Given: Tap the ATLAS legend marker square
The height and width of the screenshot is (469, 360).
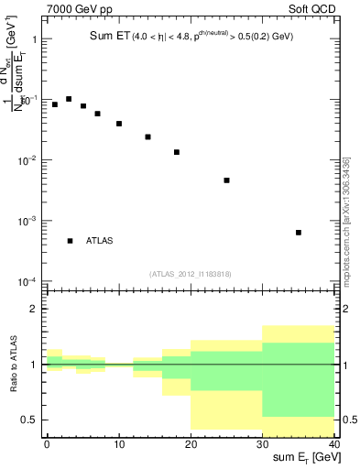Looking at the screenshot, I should tap(70, 241).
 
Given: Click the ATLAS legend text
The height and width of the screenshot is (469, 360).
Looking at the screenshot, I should tap(99, 241).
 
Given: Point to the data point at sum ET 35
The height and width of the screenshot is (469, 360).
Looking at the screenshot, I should tap(299, 233).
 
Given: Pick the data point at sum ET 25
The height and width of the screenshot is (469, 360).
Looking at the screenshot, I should tap(226, 180).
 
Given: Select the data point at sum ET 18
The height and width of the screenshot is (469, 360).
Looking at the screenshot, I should tap(176, 152).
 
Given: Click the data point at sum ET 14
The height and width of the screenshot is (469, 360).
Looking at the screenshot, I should tap(147, 137).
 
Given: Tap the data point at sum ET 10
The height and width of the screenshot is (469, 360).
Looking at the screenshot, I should tap(119, 124).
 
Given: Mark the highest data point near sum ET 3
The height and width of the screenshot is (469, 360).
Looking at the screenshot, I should tap(69, 99).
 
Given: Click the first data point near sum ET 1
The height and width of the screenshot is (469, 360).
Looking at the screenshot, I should tap(55, 104).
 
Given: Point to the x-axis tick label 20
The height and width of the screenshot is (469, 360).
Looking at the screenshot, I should tap(191, 443).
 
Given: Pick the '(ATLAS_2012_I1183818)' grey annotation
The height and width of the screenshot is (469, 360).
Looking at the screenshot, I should tap(190, 274).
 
